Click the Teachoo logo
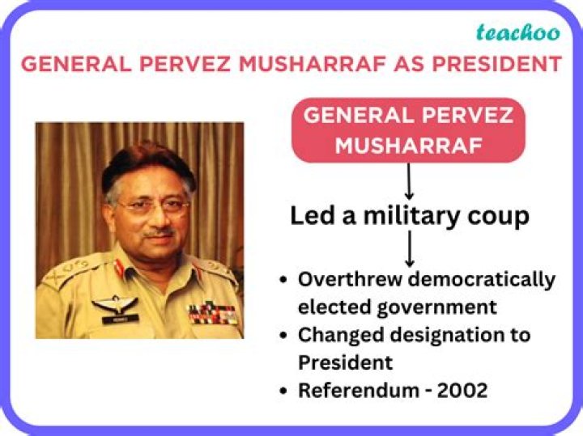coord(517,32)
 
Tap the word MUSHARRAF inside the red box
coord(408,145)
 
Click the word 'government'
coord(451,307)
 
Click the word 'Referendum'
coord(356,390)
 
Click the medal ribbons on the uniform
coord(213,312)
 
